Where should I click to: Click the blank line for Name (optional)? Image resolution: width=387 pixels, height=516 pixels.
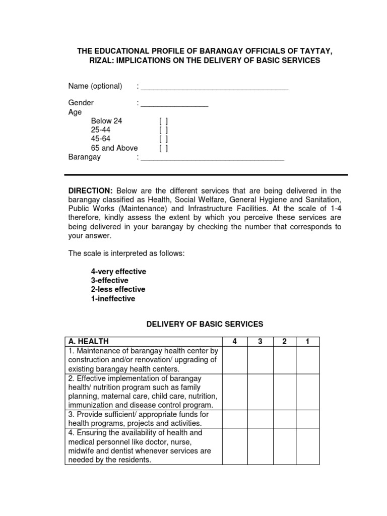214,87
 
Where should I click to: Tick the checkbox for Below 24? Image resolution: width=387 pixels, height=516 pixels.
163,121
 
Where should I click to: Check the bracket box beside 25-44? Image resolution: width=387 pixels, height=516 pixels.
163,130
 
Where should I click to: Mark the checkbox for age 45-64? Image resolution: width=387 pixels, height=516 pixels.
163,139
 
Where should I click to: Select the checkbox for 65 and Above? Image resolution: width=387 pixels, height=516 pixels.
163,148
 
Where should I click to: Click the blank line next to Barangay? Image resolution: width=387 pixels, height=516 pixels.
212,158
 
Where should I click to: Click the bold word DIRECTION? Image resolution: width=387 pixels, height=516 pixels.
90,190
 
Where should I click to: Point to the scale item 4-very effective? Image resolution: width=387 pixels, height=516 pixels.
118,272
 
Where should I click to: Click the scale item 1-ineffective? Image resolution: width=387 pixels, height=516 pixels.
113,299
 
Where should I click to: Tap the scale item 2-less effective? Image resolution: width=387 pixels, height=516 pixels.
118,290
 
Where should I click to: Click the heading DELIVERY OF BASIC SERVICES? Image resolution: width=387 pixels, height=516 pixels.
205,324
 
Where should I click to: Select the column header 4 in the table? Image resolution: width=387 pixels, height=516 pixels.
234,341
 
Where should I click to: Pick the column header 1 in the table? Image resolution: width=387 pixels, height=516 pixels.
307,341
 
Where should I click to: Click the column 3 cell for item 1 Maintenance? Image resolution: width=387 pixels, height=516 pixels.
261,359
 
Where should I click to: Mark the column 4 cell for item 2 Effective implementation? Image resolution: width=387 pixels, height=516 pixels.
234,392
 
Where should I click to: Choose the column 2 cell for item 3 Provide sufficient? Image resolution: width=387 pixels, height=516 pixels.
284,419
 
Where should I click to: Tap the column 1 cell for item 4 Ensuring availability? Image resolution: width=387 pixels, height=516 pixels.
307,446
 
